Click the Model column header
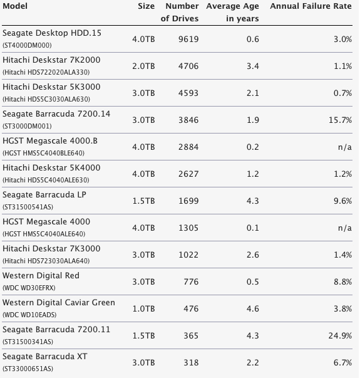(15, 6)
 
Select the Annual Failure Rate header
(311, 6)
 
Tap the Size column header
(146, 6)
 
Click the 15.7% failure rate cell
(340, 120)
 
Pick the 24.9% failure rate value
(340, 335)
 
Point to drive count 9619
(188, 39)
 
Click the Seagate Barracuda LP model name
(44, 195)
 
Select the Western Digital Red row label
(41, 276)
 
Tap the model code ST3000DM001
(27, 126)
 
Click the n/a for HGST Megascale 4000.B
(345, 147)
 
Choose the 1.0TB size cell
(144, 309)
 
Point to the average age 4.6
(253, 309)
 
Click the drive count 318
(191, 362)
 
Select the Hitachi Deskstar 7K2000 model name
(51, 60)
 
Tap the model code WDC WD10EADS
(29, 315)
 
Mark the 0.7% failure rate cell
(342, 93)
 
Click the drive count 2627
(188, 174)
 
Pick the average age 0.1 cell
(253, 228)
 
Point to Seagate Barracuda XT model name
(45, 357)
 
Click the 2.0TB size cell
(143, 66)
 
